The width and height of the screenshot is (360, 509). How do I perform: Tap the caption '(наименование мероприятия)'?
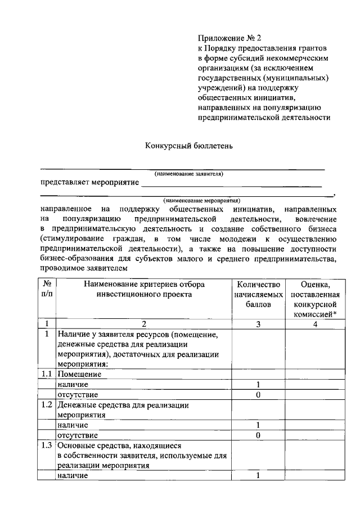pos(201,200)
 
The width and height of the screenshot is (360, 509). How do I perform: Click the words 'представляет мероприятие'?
pos(89,183)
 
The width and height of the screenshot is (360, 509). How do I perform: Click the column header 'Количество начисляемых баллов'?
pos(258,294)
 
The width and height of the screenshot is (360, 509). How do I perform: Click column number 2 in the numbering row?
pos(143,324)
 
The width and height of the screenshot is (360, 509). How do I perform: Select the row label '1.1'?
pos(47,374)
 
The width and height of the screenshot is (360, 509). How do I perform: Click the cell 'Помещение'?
pos(79,374)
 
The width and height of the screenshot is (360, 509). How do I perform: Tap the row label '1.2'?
pos(47,404)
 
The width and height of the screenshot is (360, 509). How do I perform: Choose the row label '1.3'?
pos(47,445)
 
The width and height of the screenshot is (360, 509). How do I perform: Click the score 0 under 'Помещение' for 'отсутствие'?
pos(258,394)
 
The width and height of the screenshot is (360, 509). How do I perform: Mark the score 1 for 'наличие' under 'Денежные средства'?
pos(258,425)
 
